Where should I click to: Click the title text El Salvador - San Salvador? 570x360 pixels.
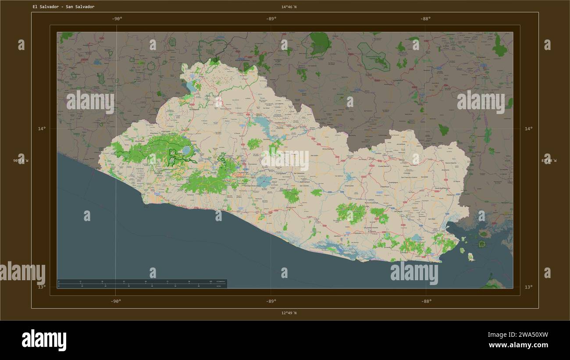point(63,7)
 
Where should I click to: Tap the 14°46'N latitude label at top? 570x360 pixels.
point(289,7)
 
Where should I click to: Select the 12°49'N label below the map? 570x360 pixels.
point(289,313)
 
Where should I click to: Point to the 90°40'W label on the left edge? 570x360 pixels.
point(21,160)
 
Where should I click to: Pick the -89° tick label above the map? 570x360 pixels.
point(271,18)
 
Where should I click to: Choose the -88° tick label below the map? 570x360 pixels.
point(426,301)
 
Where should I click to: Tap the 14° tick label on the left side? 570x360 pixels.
point(41,129)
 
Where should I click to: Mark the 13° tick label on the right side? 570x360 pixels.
point(529,287)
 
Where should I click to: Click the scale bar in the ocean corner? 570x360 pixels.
point(142,284)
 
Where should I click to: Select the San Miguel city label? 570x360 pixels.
point(397,212)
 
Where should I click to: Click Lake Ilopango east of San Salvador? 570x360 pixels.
point(264,181)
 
